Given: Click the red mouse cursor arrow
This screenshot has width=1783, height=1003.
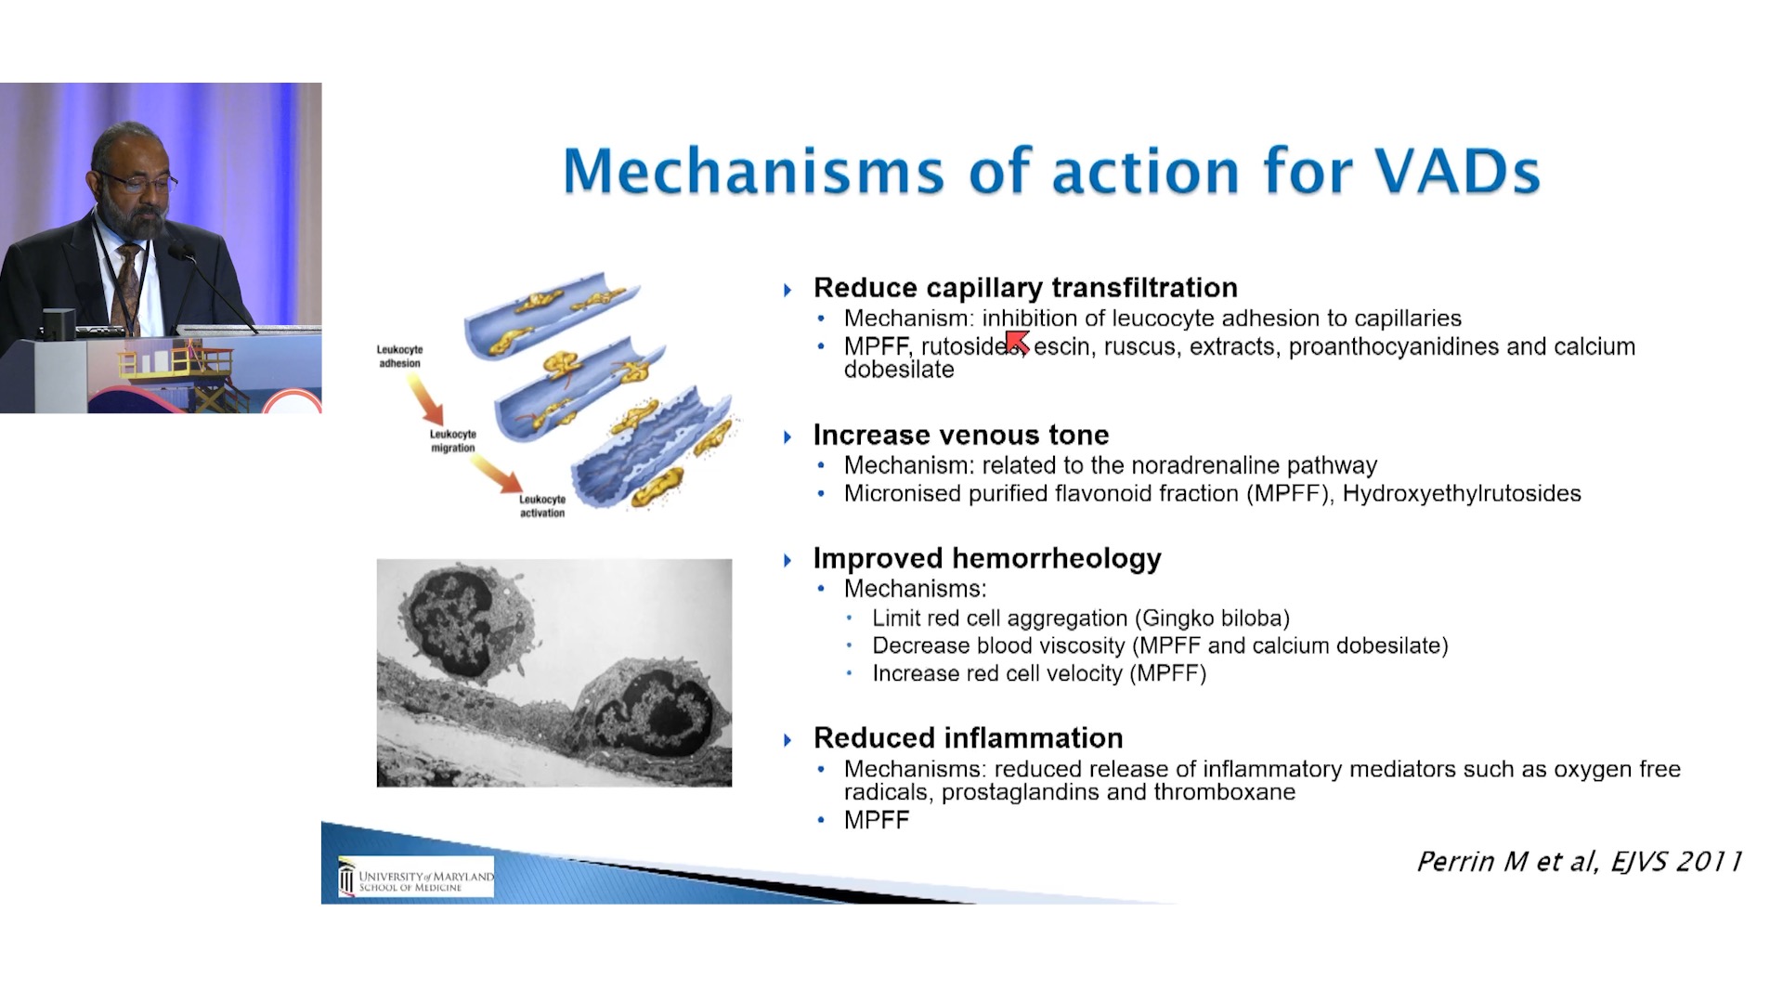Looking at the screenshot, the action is coord(1018,342).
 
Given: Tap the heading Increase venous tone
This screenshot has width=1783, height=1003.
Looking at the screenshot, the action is coord(961,435).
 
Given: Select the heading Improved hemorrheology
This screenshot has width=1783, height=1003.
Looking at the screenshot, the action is coord(987,558).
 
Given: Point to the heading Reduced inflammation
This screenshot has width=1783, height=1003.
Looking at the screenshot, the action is coord(968,737).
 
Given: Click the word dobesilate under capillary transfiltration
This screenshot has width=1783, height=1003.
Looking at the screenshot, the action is coord(899,370).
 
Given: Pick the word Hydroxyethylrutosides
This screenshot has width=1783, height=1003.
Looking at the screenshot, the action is coord(1462,493).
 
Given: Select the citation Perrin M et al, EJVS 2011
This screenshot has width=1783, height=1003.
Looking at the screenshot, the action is coord(1579,862).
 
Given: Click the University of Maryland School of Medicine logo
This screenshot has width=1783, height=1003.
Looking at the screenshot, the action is coord(416,877).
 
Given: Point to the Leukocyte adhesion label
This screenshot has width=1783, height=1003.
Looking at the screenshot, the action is coord(399,357).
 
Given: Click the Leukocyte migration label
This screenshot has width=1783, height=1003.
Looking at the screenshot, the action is coord(453,441).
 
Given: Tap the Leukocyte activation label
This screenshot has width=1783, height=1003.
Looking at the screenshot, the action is coord(542,506).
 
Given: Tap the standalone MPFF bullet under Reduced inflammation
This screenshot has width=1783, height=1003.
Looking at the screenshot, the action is coord(877,820).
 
